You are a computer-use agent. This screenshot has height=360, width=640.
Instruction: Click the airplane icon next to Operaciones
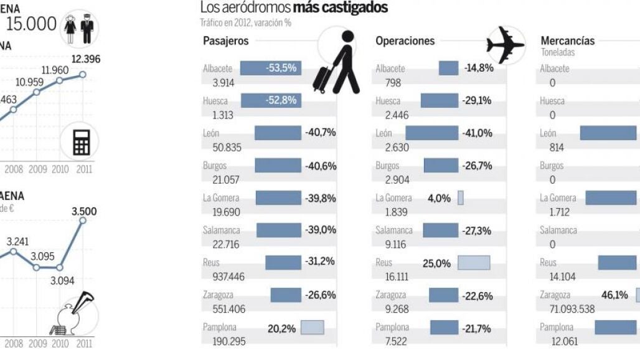(x=506, y=44)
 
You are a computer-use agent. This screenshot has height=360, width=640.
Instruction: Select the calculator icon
(x=81, y=143)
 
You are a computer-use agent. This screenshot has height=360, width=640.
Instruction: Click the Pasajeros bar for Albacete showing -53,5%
(x=270, y=68)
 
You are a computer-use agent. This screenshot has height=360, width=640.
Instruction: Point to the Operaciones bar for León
(x=431, y=133)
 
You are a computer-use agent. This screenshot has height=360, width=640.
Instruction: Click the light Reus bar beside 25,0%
(x=474, y=263)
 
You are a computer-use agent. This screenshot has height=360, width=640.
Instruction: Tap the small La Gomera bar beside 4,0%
(x=461, y=198)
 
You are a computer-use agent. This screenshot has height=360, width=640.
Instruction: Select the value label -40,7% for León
(x=321, y=133)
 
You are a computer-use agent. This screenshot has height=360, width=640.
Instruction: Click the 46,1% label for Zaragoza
(x=614, y=295)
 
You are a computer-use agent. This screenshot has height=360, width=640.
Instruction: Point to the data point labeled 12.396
(x=83, y=74)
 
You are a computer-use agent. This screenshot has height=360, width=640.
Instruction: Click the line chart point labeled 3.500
(x=84, y=220)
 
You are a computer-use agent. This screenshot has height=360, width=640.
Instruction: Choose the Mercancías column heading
(x=567, y=41)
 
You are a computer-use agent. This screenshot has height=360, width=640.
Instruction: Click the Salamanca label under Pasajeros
(x=221, y=230)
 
